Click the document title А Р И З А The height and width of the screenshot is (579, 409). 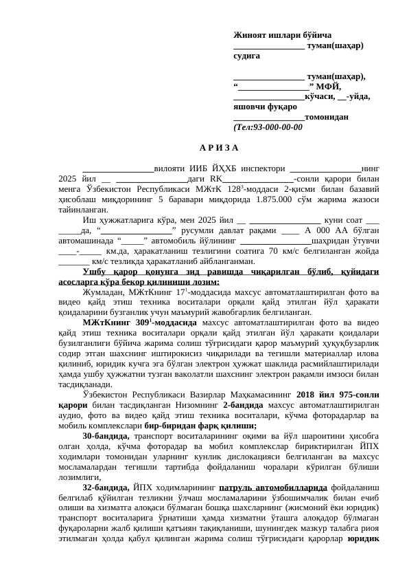coord(219,147)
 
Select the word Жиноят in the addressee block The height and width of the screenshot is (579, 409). coord(250,35)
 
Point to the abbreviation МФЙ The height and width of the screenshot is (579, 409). coord(328,86)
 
